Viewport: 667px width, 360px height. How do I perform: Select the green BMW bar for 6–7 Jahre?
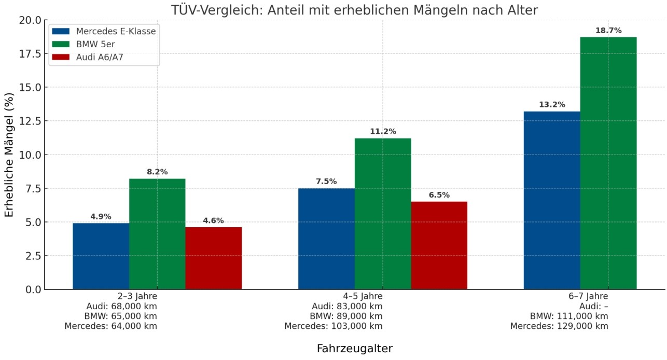[x=608, y=163]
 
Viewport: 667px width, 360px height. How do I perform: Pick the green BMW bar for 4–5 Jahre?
[x=383, y=213]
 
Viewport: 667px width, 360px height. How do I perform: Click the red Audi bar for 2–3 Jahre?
[x=213, y=258]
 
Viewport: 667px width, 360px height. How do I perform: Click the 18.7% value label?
[x=608, y=31]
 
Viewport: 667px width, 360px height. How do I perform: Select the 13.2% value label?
[x=552, y=105]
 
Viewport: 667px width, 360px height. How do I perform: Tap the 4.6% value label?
[x=213, y=220]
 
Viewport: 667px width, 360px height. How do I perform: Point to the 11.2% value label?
[x=383, y=132]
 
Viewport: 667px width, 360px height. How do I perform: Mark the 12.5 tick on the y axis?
[x=30, y=121]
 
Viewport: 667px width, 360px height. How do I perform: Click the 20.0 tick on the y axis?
[x=30, y=20]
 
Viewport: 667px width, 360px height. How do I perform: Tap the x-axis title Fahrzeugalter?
[x=355, y=349]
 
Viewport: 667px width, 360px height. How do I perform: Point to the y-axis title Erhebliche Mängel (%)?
[x=9, y=155]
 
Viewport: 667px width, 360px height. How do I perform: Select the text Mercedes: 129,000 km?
[x=559, y=326]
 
